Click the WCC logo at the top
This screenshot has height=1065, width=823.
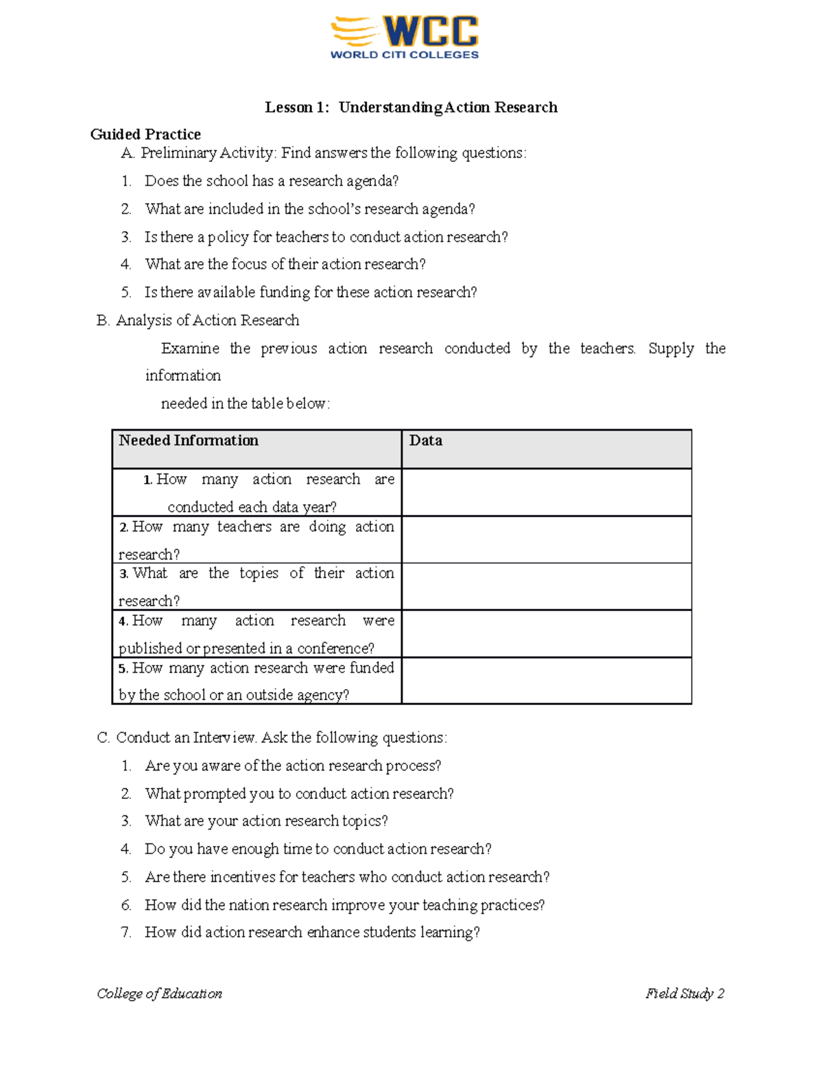coord(405,38)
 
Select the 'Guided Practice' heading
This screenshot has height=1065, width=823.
coord(145,134)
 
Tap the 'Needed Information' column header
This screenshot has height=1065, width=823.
coord(189,441)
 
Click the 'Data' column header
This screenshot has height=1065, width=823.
coord(426,441)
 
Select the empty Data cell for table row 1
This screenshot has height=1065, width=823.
coord(546,492)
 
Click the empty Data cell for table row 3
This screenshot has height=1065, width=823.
coord(546,586)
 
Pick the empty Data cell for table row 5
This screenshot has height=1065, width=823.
coord(546,680)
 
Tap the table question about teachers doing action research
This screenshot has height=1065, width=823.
coord(256,540)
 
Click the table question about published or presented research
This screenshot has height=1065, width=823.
coord(256,634)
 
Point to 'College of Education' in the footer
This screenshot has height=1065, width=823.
coord(159,994)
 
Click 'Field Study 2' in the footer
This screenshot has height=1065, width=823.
coord(684,994)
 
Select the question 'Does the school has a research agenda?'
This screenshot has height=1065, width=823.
coord(272,181)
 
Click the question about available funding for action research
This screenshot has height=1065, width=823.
coord(310,292)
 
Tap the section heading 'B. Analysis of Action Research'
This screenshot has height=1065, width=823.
coord(198,320)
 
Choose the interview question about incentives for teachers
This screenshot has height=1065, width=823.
coord(347,877)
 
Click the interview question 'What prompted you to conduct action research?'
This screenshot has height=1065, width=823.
coord(299,794)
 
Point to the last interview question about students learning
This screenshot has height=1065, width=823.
coord(312,933)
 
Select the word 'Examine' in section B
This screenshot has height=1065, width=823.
coord(190,348)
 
